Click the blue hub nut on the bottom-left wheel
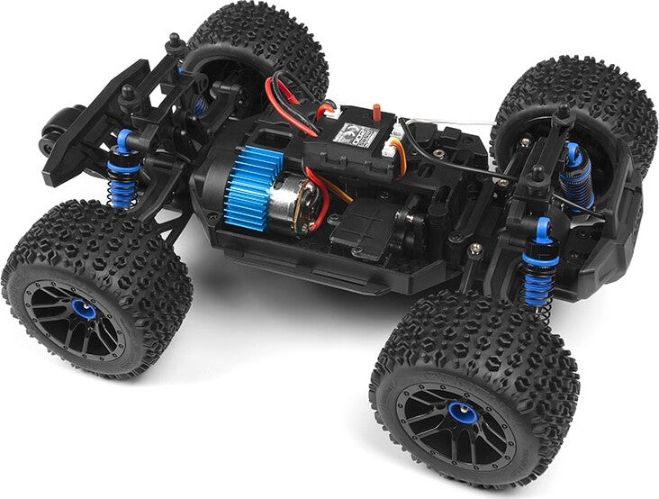[x=83, y=311]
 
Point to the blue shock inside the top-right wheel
[x=573, y=176]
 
